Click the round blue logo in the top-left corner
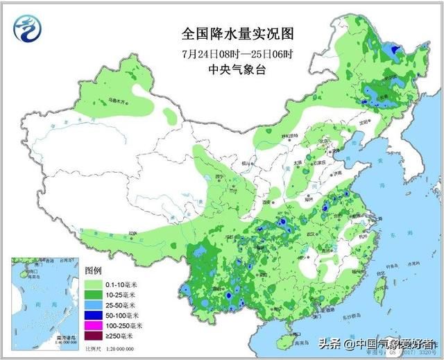(x=27, y=29)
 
